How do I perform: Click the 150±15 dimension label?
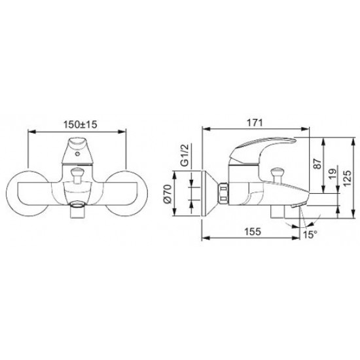(80, 124)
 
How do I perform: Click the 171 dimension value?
(255, 123)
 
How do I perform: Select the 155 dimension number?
(253, 232)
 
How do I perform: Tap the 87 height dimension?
(317, 164)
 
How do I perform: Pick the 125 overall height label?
(347, 178)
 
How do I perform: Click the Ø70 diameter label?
(167, 194)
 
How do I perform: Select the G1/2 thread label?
(185, 155)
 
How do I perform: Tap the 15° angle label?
(310, 235)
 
